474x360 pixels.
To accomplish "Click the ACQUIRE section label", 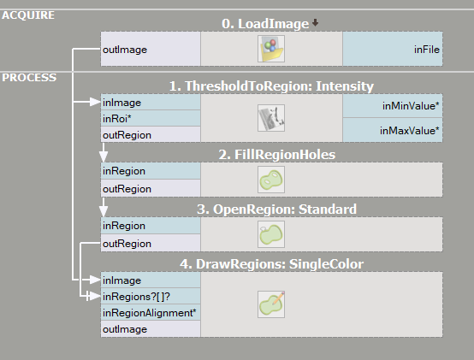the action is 28,15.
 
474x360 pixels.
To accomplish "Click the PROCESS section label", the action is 29,78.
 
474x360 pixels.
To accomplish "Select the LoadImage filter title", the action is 265,24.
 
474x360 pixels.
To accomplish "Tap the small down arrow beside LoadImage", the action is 315,22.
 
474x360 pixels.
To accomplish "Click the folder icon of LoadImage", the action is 271,49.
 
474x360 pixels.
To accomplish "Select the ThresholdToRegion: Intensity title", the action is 271,86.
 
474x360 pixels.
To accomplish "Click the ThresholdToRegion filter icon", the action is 271,118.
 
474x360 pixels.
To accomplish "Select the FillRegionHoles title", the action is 277,155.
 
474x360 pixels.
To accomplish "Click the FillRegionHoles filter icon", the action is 271,180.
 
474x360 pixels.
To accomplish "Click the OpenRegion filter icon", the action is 271,234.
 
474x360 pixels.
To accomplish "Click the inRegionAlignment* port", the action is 151,313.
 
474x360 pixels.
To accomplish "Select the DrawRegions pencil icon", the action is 271,304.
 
